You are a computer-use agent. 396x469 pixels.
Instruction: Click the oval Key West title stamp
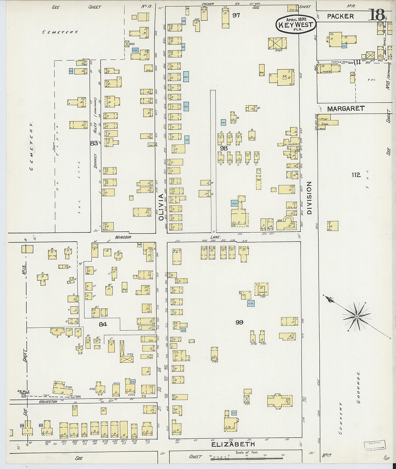pyautogui.click(x=296, y=24)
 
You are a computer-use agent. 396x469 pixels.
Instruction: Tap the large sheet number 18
pyautogui.click(x=377, y=15)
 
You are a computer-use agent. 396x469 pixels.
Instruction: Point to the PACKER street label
pyautogui.click(x=341, y=16)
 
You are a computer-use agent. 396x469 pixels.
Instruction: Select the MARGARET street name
pyautogui.click(x=346, y=108)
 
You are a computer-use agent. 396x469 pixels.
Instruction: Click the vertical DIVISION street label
pyautogui.click(x=309, y=198)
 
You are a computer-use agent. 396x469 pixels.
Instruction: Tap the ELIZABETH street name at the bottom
pyautogui.click(x=233, y=445)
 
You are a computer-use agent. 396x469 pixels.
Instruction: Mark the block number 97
pyautogui.click(x=236, y=15)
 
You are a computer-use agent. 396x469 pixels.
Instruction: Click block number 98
pyautogui.click(x=224, y=148)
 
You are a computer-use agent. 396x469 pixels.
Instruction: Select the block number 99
pyautogui.click(x=239, y=322)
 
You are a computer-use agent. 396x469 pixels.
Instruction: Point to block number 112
pyautogui.click(x=356, y=175)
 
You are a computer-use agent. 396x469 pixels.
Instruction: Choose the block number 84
pyautogui.click(x=103, y=324)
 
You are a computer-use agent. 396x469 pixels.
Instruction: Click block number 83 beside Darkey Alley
pyautogui.click(x=94, y=143)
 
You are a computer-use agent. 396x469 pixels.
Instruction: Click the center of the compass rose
pyautogui.click(x=356, y=317)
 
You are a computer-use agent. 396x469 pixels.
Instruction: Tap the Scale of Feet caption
pyautogui.click(x=247, y=452)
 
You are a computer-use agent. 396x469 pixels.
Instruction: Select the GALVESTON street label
pyautogui.click(x=48, y=401)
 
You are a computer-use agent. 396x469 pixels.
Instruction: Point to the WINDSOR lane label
pyautogui.click(x=123, y=238)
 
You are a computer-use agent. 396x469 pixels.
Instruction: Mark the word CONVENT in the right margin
pyautogui.click(x=341, y=419)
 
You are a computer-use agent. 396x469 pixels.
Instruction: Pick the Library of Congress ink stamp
pyautogui.click(x=375, y=445)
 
